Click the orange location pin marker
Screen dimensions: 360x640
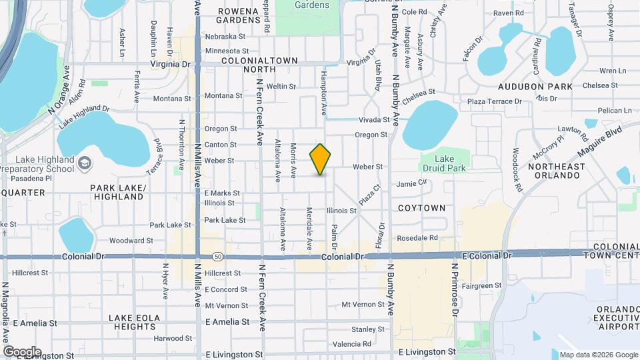pos(321,159)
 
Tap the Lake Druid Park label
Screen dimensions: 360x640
pos(444,164)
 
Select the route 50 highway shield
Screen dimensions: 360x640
pos(218,256)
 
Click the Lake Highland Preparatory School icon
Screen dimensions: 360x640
pos(85,163)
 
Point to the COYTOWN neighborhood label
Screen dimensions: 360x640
pos(421,208)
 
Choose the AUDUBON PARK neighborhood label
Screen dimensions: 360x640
pos(535,87)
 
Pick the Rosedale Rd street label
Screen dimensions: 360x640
pos(417,238)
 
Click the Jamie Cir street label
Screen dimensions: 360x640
pos(411,183)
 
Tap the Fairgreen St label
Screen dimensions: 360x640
pos(481,286)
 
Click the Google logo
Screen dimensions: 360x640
pos(21,351)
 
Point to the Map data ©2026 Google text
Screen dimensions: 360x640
pos(598,355)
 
